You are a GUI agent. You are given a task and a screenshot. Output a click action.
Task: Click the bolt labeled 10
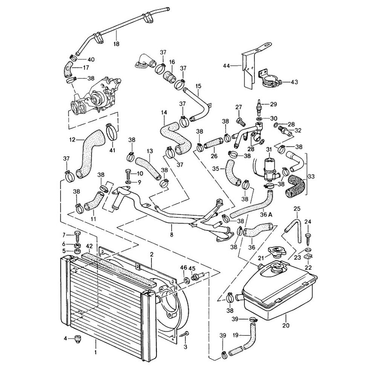pos(128,175)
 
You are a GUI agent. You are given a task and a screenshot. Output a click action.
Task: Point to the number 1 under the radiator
pos(96,352)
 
